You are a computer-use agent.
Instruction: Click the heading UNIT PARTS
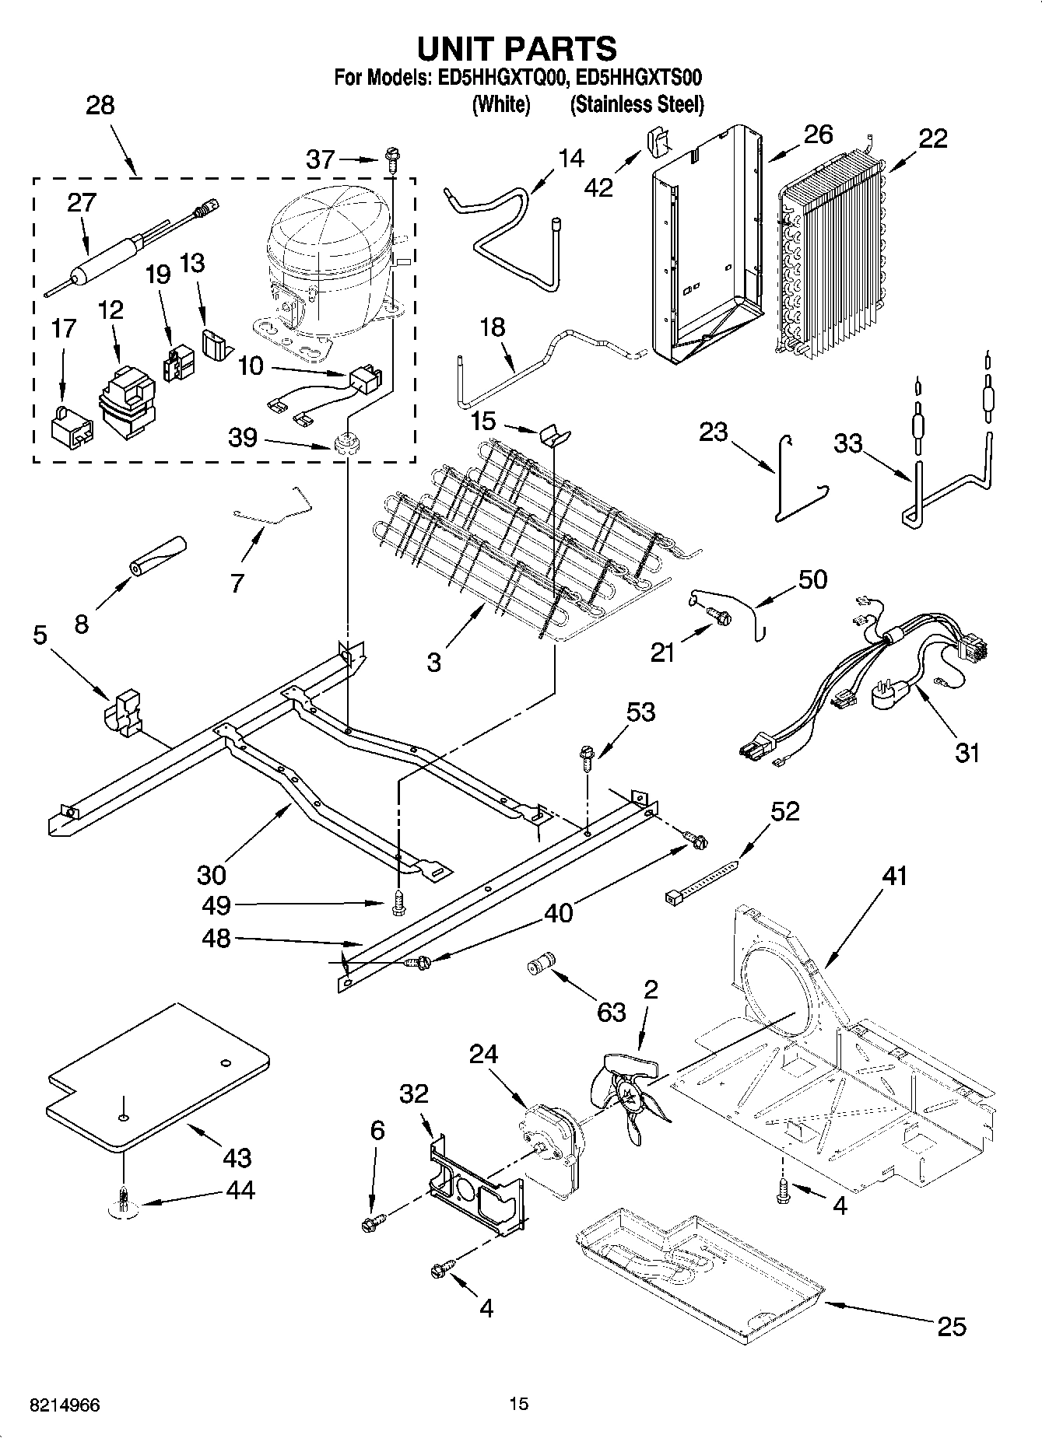coord(517,48)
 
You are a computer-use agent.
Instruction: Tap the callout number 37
coord(320,159)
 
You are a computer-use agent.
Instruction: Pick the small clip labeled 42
coord(658,142)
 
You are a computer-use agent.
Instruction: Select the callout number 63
coord(611,1011)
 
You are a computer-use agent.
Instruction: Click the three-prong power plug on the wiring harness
coord(892,692)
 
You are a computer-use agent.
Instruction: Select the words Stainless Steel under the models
coord(636,104)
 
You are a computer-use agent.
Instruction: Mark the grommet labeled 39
coord(344,446)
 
